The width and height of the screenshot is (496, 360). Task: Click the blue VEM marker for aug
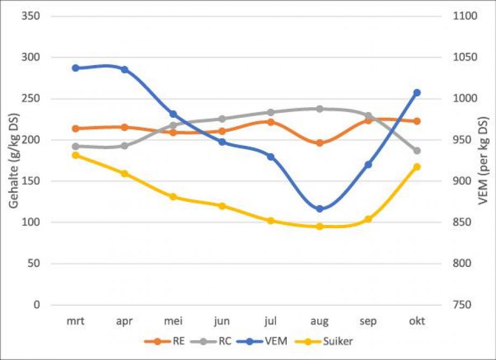[x=320, y=209]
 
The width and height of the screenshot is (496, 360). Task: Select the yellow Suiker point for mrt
[x=76, y=155]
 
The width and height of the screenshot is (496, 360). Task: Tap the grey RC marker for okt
[x=416, y=151]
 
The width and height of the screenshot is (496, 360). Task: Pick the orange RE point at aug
[x=320, y=143]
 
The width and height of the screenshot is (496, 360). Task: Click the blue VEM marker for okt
[x=416, y=93]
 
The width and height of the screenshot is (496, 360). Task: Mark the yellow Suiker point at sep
[x=368, y=219]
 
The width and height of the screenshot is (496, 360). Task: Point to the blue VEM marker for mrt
[x=76, y=68]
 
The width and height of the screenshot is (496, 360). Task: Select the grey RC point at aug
[x=320, y=109]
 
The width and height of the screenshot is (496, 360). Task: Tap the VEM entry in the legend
[x=274, y=341]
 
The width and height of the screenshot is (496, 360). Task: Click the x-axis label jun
[x=222, y=321]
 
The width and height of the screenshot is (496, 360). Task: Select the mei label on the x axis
[x=173, y=321]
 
